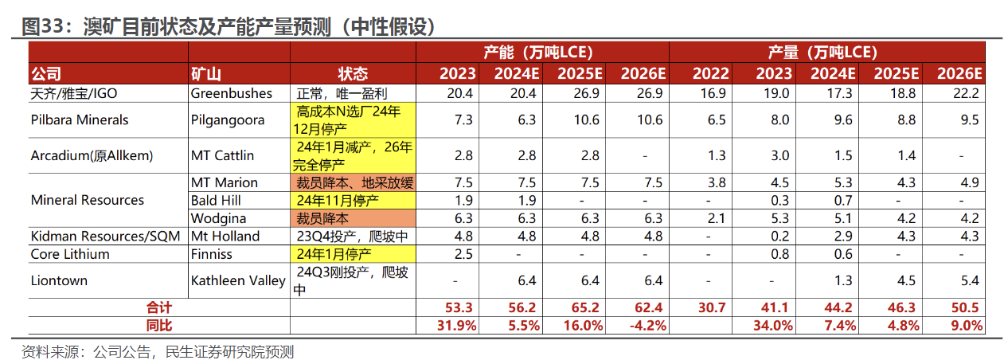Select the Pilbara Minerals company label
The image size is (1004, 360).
(80, 120)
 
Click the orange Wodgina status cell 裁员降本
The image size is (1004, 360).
(354, 217)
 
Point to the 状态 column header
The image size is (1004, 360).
(353, 74)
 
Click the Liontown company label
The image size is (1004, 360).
(59, 280)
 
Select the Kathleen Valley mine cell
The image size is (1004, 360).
(238, 280)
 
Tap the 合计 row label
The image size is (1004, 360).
(159, 307)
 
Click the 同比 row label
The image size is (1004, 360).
(159, 325)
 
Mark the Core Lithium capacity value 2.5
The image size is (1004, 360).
(463, 254)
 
